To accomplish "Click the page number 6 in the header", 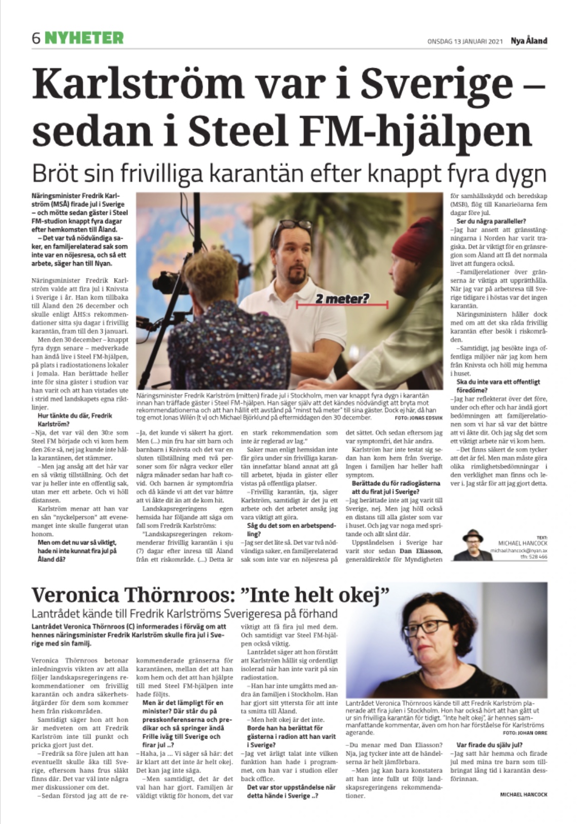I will tap(36, 38).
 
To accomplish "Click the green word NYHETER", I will tap(84, 38).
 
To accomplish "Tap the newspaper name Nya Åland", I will tap(529, 41).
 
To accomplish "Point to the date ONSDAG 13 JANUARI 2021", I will tap(465, 42).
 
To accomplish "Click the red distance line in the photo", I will tap(342, 306).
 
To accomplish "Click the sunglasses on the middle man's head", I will tap(293, 224).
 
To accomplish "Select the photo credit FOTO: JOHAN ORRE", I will tap(525, 733).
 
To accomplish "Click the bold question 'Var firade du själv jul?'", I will tap(489, 744).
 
